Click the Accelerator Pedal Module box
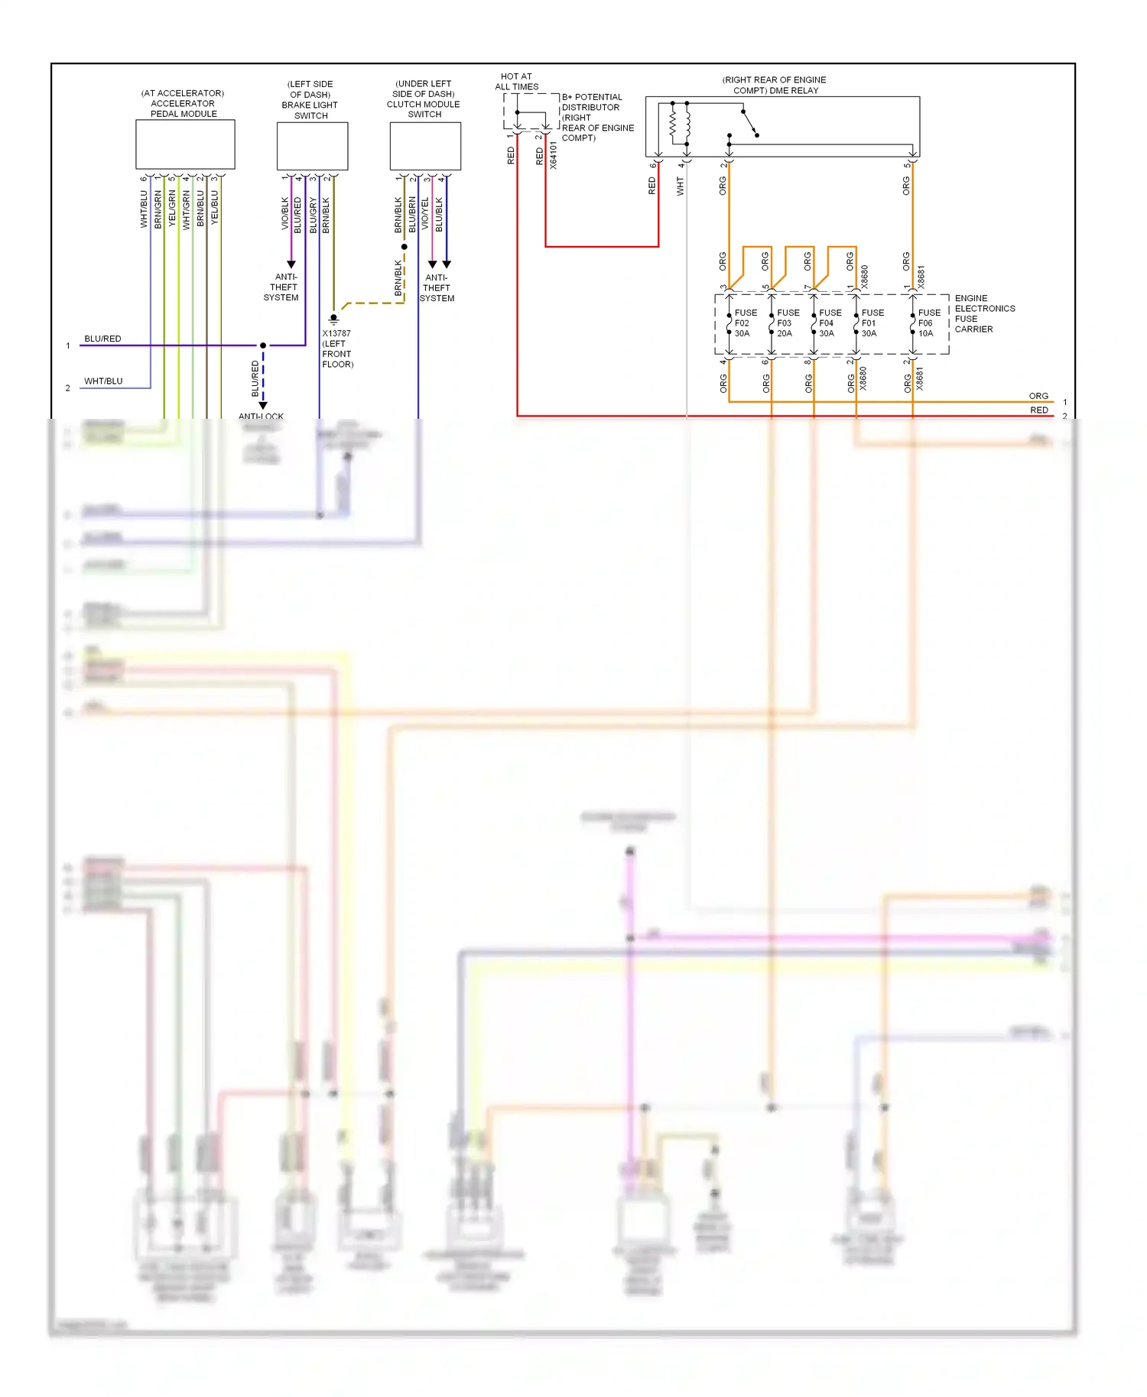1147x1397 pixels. (185, 144)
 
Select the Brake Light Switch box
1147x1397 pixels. (312, 146)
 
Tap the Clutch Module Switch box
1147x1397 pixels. (425, 146)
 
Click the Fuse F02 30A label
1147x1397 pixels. (745, 323)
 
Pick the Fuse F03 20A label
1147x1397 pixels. (788, 323)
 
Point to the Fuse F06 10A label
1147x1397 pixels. (928, 323)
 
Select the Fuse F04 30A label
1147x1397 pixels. (830, 323)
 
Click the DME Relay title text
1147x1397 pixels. (774, 85)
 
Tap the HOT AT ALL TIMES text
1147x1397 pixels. (516, 82)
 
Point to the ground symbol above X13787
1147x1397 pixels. (333, 319)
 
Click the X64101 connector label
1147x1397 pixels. (554, 155)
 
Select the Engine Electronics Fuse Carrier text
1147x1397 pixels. (984, 313)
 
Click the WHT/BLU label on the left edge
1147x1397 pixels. (103, 381)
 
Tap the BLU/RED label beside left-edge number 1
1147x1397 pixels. (102, 339)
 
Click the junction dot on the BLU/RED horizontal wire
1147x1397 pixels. (263, 345)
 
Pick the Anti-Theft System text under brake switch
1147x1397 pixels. (282, 287)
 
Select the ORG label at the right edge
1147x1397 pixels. (1038, 396)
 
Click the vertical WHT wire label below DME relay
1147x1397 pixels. (680, 186)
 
